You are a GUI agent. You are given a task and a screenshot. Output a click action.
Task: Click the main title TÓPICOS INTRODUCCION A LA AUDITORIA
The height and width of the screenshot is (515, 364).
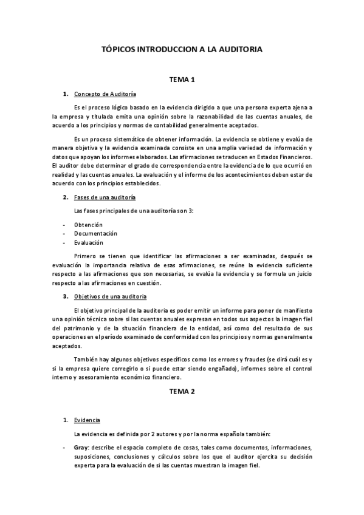tap(181, 51)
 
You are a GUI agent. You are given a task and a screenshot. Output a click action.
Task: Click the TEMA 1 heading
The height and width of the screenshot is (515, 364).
tap(181, 80)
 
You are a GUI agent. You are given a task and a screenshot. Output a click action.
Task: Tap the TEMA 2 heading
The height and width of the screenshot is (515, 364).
tap(181, 392)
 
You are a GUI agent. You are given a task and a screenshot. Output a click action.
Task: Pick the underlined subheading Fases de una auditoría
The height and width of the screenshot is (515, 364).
tap(105, 198)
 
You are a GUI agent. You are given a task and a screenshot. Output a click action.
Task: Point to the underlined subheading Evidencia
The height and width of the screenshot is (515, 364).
tap(87, 420)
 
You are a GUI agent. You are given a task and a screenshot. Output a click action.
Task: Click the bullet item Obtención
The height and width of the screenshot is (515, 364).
tap(88, 225)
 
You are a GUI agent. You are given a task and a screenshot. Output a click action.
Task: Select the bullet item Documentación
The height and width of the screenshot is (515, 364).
tap(95, 233)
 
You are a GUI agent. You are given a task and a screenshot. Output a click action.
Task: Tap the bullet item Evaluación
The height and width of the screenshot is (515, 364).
tap(89, 242)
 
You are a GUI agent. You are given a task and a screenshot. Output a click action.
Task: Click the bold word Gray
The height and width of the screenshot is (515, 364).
tap(81, 447)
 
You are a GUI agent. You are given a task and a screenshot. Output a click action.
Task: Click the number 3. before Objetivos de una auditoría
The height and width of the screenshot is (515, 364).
tap(66, 296)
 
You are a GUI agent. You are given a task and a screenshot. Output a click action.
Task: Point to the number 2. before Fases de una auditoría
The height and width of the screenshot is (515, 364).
tap(66, 198)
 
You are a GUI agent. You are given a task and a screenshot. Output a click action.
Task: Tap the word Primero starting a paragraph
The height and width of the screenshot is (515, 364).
tap(86, 256)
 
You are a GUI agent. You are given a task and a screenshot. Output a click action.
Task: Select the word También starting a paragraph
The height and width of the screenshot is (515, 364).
tap(87, 360)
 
